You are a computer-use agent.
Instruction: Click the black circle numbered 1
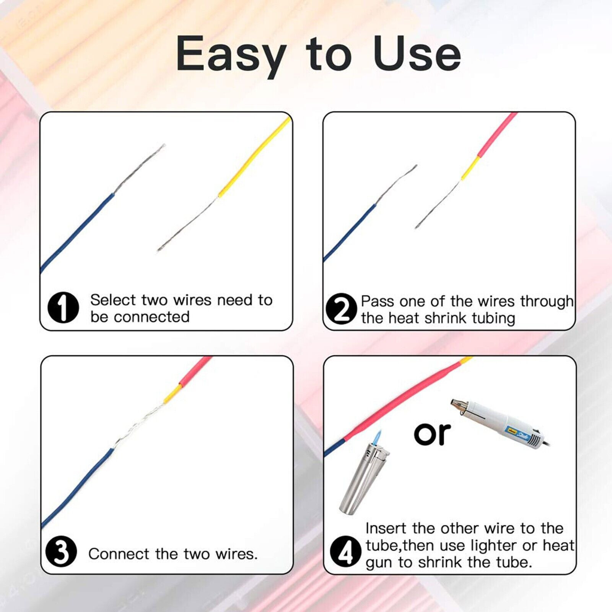63,308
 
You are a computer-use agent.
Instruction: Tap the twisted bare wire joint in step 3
142,423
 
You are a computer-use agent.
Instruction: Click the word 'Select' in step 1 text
113,300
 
